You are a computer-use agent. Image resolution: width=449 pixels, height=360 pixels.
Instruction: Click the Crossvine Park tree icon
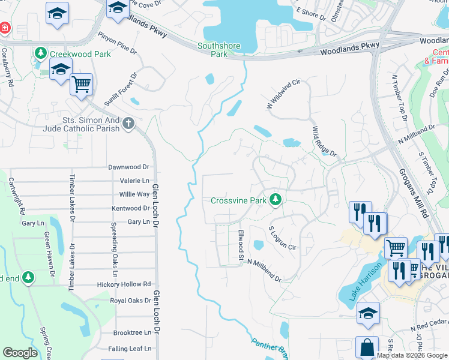coord(276,199)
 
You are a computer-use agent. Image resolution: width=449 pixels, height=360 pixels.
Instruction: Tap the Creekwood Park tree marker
coord(41,53)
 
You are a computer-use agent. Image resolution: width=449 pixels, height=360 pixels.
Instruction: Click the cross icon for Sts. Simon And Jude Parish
coord(127,124)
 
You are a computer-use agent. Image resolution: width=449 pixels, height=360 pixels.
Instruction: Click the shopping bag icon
coord(367,348)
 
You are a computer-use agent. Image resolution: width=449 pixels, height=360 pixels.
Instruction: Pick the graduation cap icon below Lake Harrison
coord(368,313)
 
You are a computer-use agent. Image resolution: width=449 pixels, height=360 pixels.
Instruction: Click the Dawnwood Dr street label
coord(128,167)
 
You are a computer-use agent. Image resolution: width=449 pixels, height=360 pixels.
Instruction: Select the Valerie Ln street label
coord(135,181)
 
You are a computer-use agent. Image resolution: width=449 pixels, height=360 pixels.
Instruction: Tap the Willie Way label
coord(134,194)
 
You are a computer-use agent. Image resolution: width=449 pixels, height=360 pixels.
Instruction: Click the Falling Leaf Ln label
coord(130,349)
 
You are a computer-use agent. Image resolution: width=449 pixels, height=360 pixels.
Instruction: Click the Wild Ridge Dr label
coord(324,142)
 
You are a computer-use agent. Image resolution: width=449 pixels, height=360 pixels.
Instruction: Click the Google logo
coord(20,353)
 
